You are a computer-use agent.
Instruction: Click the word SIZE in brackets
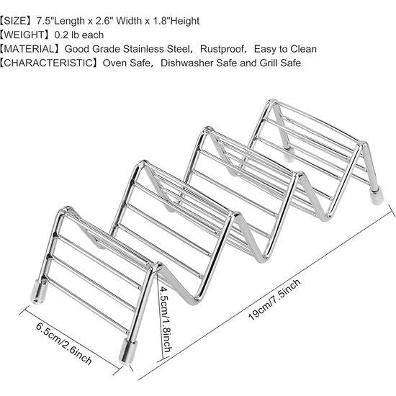pyautogui.click(x=15, y=21)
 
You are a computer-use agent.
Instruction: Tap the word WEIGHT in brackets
pyautogui.click(x=24, y=35)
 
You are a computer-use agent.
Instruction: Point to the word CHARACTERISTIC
pyautogui.click(x=48, y=63)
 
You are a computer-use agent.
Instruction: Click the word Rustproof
pyautogui.click(x=222, y=49)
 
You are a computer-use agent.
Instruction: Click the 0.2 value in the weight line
pyautogui.click(x=61, y=35)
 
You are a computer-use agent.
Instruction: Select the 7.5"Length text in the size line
pyautogui.click(x=60, y=21)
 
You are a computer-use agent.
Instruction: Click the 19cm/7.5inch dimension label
pyautogui.click(x=275, y=300)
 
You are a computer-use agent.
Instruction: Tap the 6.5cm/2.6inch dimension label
pyautogui.click(x=63, y=343)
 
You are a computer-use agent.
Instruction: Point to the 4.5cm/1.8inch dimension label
pyautogui.click(x=165, y=319)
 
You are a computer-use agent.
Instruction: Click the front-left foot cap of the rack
pyautogui.click(x=39, y=292)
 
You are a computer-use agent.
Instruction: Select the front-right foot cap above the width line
pyautogui.click(x=128, y=352)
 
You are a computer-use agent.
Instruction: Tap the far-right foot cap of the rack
pyautogui.click(x=377, y=194)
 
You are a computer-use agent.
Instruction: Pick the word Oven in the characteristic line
pyautogui.click(x=115, y=63)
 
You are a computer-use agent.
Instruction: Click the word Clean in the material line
pyautogui.click(x=303, y=49)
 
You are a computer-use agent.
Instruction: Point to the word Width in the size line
pyautogui.click(x=129, y=21)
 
